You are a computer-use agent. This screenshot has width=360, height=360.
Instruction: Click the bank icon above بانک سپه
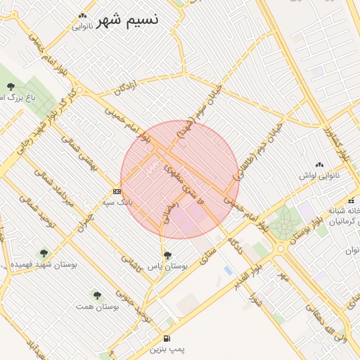(117, 191)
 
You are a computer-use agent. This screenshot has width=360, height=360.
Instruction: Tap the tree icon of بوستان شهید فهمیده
(44, 252)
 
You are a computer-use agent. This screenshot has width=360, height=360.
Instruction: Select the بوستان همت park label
(98, 307)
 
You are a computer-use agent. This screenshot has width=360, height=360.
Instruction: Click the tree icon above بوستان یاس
(167, 255)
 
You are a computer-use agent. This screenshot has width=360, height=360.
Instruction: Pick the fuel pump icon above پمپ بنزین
(167, 337)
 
